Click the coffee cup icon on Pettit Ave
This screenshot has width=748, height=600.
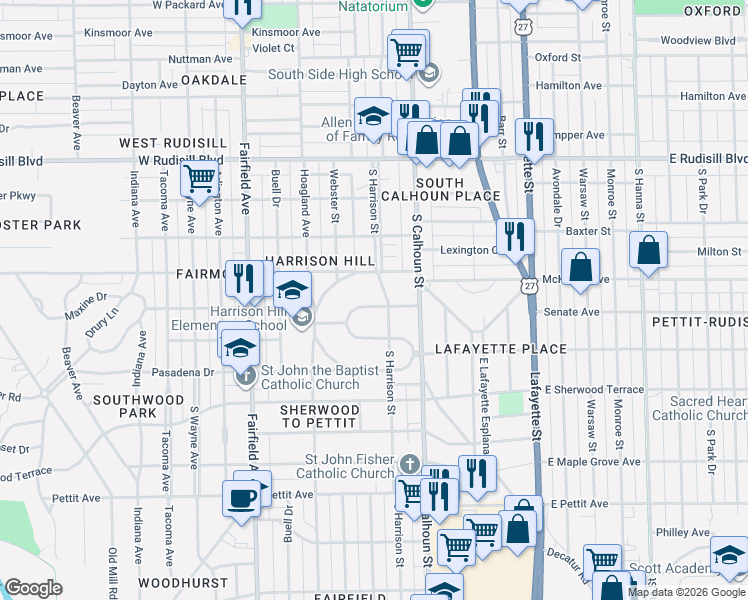(x=241, y=497)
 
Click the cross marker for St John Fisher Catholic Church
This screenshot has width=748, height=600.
(x=409, y=465)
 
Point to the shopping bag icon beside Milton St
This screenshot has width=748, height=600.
(x=649, y=250)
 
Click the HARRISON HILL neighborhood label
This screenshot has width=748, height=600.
(x=320, y=260)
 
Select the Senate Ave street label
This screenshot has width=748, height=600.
(x=572, y=312)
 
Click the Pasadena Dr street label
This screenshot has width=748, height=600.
(x=182, y=372)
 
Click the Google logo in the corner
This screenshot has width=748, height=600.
(x=34, y=588)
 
